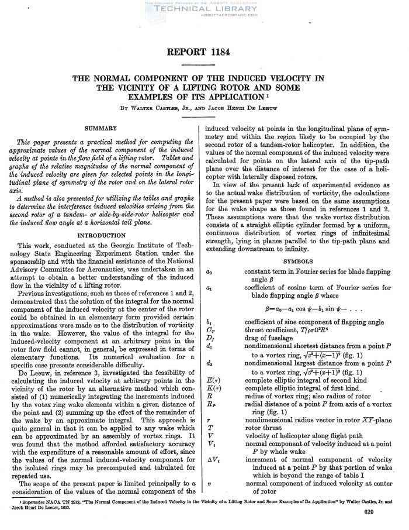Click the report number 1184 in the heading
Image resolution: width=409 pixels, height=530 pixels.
219,53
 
